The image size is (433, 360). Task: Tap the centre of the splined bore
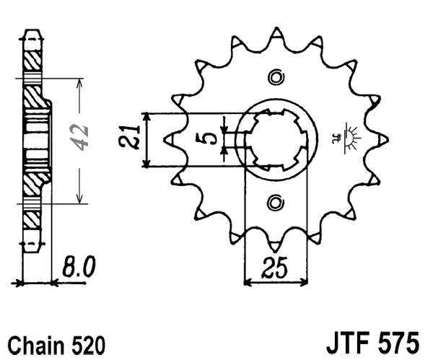276,139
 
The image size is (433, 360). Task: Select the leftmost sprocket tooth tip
167,139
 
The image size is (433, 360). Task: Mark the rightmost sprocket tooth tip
388,139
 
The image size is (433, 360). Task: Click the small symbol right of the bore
346,137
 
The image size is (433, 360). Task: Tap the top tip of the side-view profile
30,32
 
